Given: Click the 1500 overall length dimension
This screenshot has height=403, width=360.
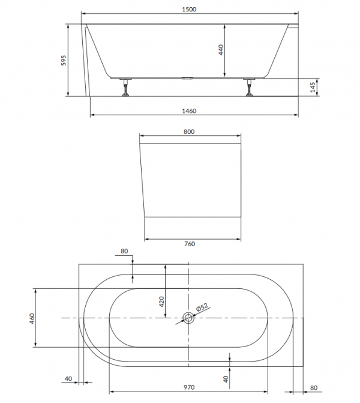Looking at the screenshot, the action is pyautogui.click(x=189, y=10).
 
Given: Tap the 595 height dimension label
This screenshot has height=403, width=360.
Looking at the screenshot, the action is pyautogui.click(x=64, y=61).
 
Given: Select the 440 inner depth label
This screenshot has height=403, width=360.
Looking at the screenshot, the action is pyautogui.click(x=221, y=50).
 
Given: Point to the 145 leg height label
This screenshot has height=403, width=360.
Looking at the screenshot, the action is pyautogui.click(x=313, y=87).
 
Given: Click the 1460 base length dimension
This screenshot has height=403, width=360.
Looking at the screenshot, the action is pyautogui.click(x=189, y=111).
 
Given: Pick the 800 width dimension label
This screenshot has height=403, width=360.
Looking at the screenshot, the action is pyautogui.click(x=189, y=132).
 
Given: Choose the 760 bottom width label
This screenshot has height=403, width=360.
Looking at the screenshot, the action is pyautogui.click(x=190, y=244).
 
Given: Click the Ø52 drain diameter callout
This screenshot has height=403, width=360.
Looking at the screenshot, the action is pyautogui.click(x=202, y=308).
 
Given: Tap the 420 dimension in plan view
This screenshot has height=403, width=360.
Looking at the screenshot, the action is pyautogui.click(x=161, y=301).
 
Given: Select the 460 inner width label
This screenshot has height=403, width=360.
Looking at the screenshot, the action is pyautogui.click(x=32, y=318).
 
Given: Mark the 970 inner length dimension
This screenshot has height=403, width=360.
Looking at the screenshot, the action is pyautogui.click(x=189, y=387).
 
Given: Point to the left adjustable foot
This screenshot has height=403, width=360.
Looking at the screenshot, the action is pyautogui.click(x=126, y=87).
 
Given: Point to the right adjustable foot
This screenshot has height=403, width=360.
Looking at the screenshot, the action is pyautogui.click(x=249, y=87).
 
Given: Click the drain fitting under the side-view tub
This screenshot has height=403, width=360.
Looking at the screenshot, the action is pyautogui.click(x=188, y=79).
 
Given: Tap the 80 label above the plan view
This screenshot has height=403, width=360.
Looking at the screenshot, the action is pyautogui.click(x=124, y=251).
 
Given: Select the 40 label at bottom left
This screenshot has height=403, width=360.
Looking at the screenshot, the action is pyautogui.click(x=68, y=378).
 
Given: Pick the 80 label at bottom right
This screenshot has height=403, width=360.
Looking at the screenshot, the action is pyautogui.click(x=314, y=388).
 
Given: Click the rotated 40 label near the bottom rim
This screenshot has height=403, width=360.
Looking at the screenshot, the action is pyautogui.click(x=226, y=379).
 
